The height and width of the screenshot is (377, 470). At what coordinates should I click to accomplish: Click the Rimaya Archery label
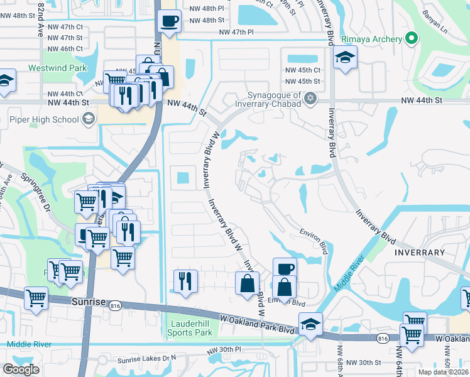(371, 39)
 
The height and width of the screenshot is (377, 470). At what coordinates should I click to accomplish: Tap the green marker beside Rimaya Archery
(411, 39)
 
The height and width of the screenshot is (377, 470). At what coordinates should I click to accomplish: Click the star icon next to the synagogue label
(310, 99)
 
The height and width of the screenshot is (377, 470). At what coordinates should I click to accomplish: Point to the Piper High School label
(44, 119)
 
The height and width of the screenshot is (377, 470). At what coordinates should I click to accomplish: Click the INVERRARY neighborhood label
(420, 252)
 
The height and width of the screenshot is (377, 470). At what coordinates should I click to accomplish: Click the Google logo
(21, 369)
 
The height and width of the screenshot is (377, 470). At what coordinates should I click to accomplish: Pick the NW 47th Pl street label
(236, 31)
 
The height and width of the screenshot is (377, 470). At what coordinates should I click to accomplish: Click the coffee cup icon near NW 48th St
(169, 21)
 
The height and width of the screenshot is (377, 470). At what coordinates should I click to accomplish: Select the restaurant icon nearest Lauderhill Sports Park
(185, 281)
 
